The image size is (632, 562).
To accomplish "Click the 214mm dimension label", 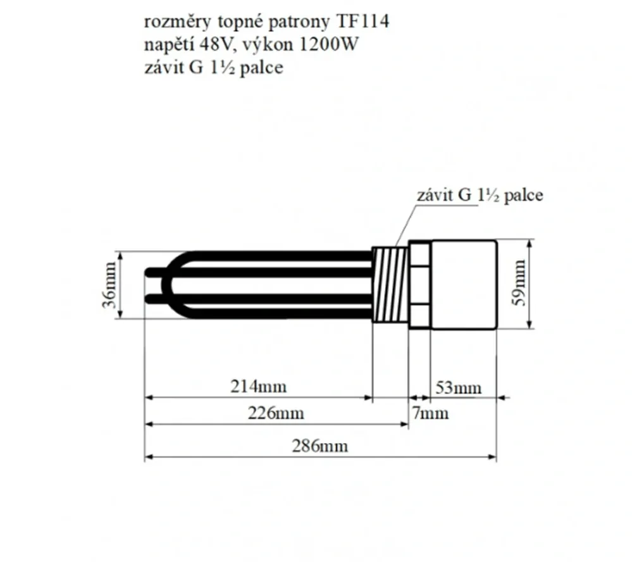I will pyautogui.click(x=258, y=385).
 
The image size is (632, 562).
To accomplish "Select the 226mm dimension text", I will pyautogui.click(x=275, y=414).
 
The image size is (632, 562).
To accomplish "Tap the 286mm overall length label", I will pyautogui.click(x=319, y=446).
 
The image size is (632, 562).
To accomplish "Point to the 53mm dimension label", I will pyautogui.click(x=459, y=387).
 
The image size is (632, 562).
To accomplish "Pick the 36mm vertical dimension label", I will pyautogui.click(x=109, y=285).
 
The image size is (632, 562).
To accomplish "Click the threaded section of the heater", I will pyautogui.click(x=390, y=285).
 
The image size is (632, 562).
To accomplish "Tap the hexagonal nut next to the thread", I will pyautogui.click(x=419, y=285).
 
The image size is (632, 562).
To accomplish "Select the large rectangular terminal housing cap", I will pyautogui.click(x=463, y=285).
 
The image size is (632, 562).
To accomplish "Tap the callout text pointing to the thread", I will pyautogui.click(x=479, y=195).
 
